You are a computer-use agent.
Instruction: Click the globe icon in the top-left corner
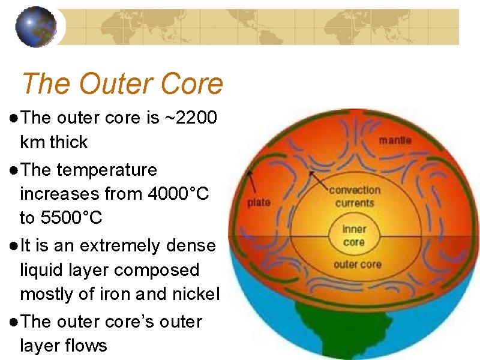pyautogui.click(x=40, y=27)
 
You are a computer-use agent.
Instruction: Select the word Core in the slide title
pyautogui.click(x=194, y=85)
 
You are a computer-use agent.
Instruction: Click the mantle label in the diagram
pyautogui.click(x=395, y=140)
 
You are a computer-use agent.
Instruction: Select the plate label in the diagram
pyautogui.click(x=259, y=202)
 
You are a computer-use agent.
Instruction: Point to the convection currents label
pyautogui.click(x=355, y=197)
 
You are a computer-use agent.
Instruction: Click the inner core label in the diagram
pyautogui.click(x=354, y=236)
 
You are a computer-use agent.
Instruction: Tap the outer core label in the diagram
pyautogui.click(x=354, y=265)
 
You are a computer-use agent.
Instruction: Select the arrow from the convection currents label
pyautogui.click(x=318, y=179)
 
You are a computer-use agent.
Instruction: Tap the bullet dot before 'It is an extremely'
pyautogui.click(x=13, y=246)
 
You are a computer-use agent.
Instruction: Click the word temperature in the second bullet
pyautogui.click(x=107, y=170)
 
